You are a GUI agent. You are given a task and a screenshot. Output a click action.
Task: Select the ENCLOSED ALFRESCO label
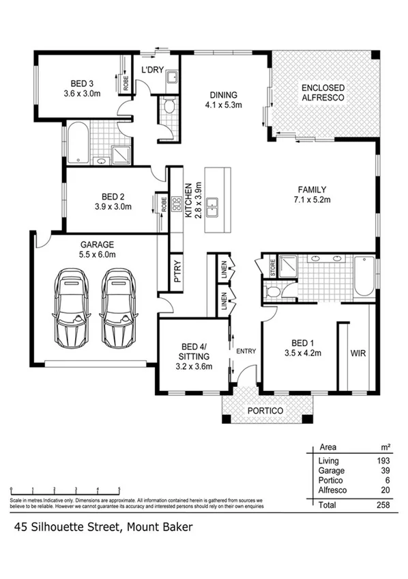click(323, 93)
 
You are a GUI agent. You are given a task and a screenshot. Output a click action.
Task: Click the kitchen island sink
click(214, 204)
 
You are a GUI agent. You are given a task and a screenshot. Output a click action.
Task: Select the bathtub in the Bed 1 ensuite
click(364, 275)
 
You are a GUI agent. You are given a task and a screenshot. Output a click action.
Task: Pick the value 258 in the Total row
click(383, 505)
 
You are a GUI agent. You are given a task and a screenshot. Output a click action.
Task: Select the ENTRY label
click(246, 351)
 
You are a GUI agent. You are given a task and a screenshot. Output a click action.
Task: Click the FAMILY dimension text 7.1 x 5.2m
click(311, 200)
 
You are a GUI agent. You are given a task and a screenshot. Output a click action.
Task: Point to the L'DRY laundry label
click(151, 70)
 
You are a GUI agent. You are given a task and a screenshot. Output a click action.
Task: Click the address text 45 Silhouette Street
click(66, 527)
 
